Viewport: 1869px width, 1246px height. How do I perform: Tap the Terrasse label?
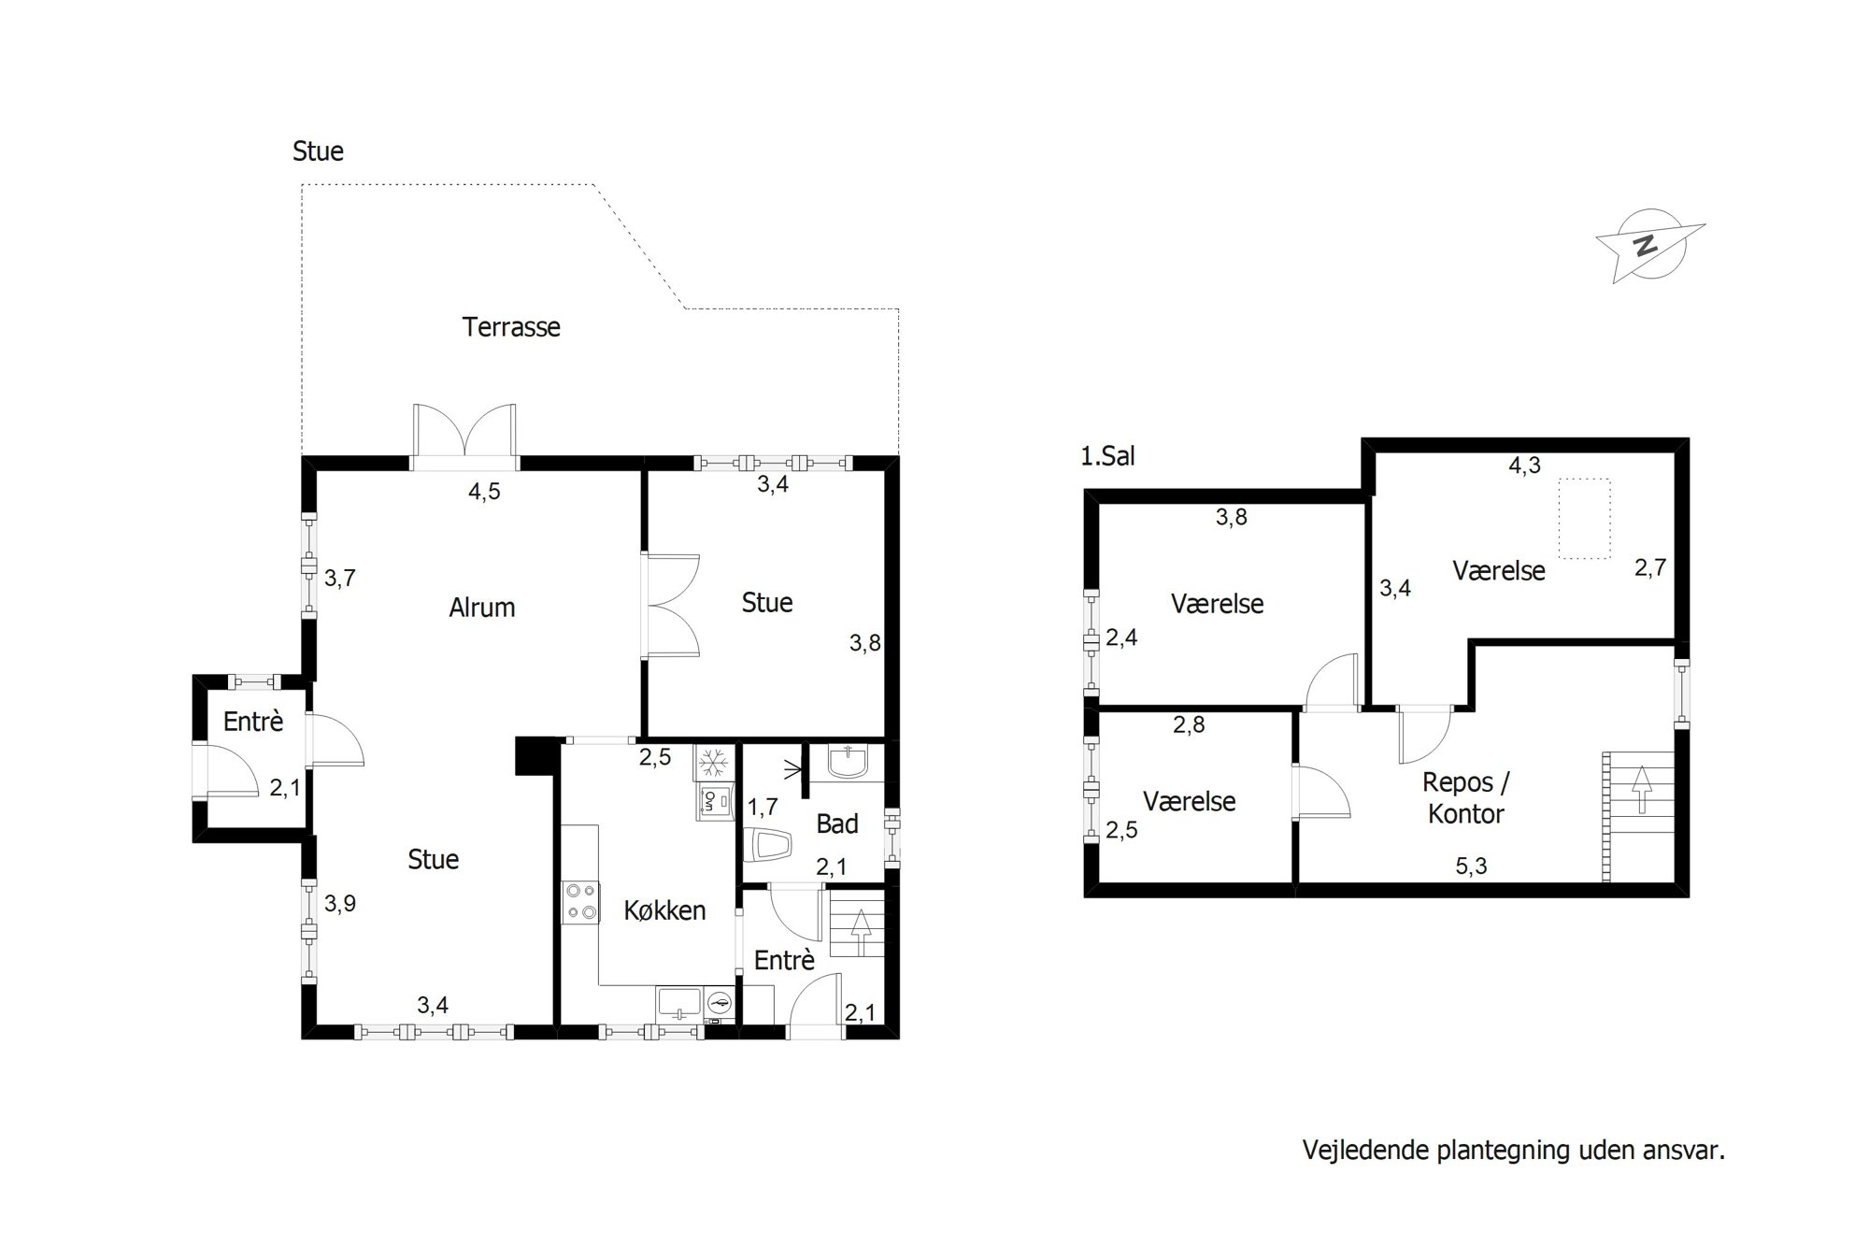(x=511, y=327)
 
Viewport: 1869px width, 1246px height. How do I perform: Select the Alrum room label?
(x=482, y=608)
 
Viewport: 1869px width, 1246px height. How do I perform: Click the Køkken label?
(x=664, y=910)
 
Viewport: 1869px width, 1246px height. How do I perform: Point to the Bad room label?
(x=837, y=824)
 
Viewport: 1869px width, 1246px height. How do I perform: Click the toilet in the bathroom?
(x=769, y=845)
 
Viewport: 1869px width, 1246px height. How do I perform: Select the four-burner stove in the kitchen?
(x=580, y=902)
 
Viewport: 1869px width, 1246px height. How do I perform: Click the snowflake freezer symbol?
(x=715, y=762)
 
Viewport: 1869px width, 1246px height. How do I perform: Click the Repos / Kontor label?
(x=1466, y=798)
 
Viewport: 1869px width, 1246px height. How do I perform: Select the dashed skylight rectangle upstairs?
(x=1584, y=519)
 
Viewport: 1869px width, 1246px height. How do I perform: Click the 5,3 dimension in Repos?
(x=1471, y=866)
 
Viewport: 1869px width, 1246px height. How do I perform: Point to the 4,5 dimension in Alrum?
(x=484, y=492)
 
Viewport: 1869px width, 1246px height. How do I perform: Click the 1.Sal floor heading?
(x=1107, y=456)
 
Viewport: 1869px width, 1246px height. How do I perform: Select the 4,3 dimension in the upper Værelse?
(x=1524, y=465)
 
